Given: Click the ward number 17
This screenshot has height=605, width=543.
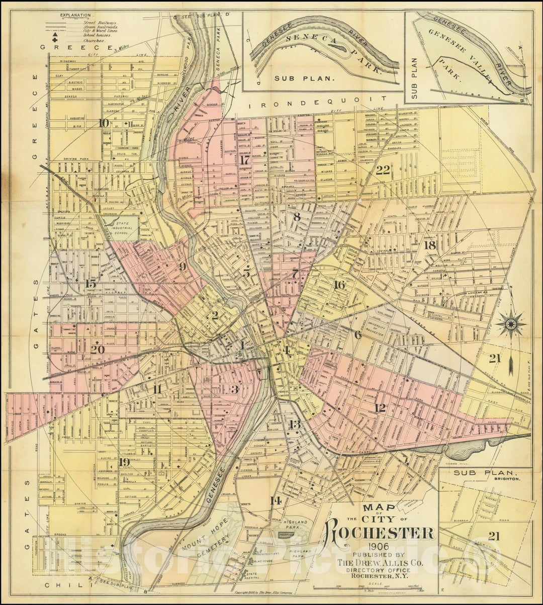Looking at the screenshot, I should [x=245, y=160].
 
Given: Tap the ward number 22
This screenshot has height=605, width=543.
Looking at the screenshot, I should [x=383, y=170].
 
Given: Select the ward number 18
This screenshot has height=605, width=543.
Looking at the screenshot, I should [x=429, y=245].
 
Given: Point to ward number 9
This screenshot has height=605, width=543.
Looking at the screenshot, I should [x=183, y=267].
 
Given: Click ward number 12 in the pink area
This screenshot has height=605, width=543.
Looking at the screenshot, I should [x=381, y=407].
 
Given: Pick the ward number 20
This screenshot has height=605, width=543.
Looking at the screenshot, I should [x=98, y=349].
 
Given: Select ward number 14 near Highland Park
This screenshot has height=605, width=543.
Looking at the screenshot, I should [x=275, y=500].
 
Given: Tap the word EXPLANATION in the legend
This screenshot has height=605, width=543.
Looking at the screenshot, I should [x=75, y=16].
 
